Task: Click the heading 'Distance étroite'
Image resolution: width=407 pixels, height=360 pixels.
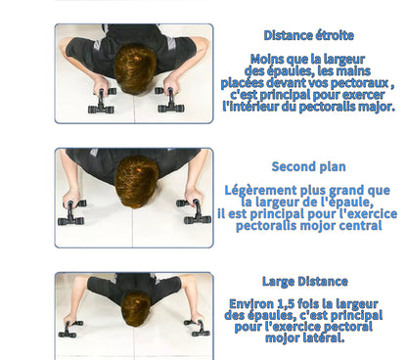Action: [308, 35]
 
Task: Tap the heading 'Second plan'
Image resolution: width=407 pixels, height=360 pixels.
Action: [308, 166]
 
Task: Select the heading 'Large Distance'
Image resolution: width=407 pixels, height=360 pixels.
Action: [305, 281]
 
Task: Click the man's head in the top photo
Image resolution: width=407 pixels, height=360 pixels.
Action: [135, 69]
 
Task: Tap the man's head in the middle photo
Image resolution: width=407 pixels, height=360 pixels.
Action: [136, 181]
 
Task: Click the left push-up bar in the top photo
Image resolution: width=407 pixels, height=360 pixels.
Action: [102, 101]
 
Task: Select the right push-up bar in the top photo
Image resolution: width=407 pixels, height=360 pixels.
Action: [169, 100]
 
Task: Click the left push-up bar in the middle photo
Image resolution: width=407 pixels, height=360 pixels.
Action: [71, 212]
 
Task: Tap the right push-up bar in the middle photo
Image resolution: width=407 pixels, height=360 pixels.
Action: [194, 211]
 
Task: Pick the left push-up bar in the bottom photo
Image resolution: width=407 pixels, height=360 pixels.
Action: [69, 329]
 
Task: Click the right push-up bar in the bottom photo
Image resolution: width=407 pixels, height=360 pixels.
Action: [198, 328]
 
